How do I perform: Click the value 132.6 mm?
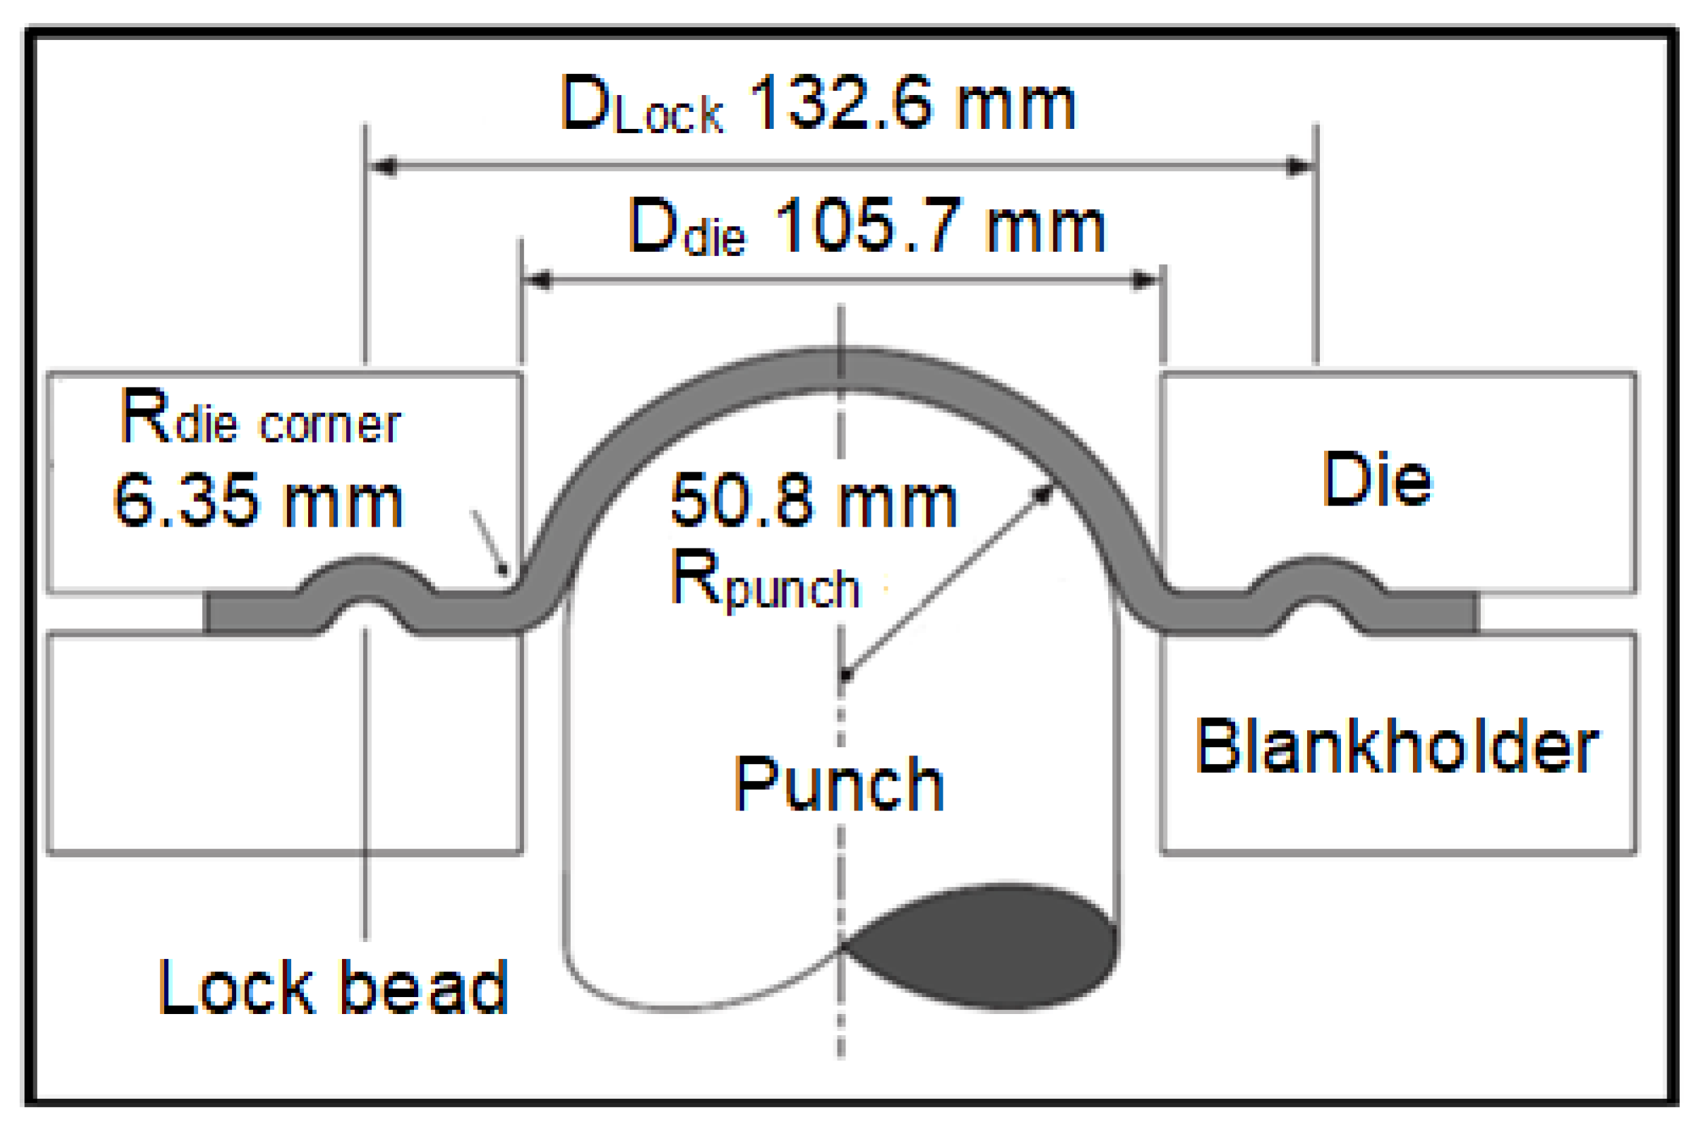pyautogui.click(x=910, y=104)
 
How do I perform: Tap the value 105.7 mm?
pyautogui.click(x=939, y=227)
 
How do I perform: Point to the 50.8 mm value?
pyautogui.click(x=814, y=500)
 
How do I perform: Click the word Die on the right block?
pyautogui.click(x=1376, y=479)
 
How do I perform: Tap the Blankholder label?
pyautogui.click(x=1397, y=747)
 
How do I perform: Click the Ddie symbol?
pyautogui.click(x=686, y=228)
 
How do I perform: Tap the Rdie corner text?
pyautogui.click(x=260, y=418)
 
